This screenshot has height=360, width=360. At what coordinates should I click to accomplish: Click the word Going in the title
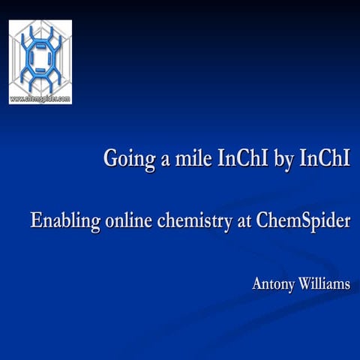[x=125, y=160]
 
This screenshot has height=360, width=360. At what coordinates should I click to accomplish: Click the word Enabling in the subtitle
[x=62, y=223]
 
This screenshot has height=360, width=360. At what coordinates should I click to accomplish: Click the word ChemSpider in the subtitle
[x=303, y=223]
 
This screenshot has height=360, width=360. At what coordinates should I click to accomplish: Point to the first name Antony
[x=274, y=285]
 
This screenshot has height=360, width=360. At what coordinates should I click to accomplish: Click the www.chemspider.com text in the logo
[x=40, y=98]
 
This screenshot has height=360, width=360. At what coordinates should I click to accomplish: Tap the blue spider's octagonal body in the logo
[x=40, y=57]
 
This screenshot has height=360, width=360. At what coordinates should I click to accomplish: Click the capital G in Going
[x=109, y=158]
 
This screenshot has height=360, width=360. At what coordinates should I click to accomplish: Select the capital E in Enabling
[x=35, y=221]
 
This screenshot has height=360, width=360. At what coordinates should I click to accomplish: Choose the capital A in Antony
[x=257, y=284]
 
